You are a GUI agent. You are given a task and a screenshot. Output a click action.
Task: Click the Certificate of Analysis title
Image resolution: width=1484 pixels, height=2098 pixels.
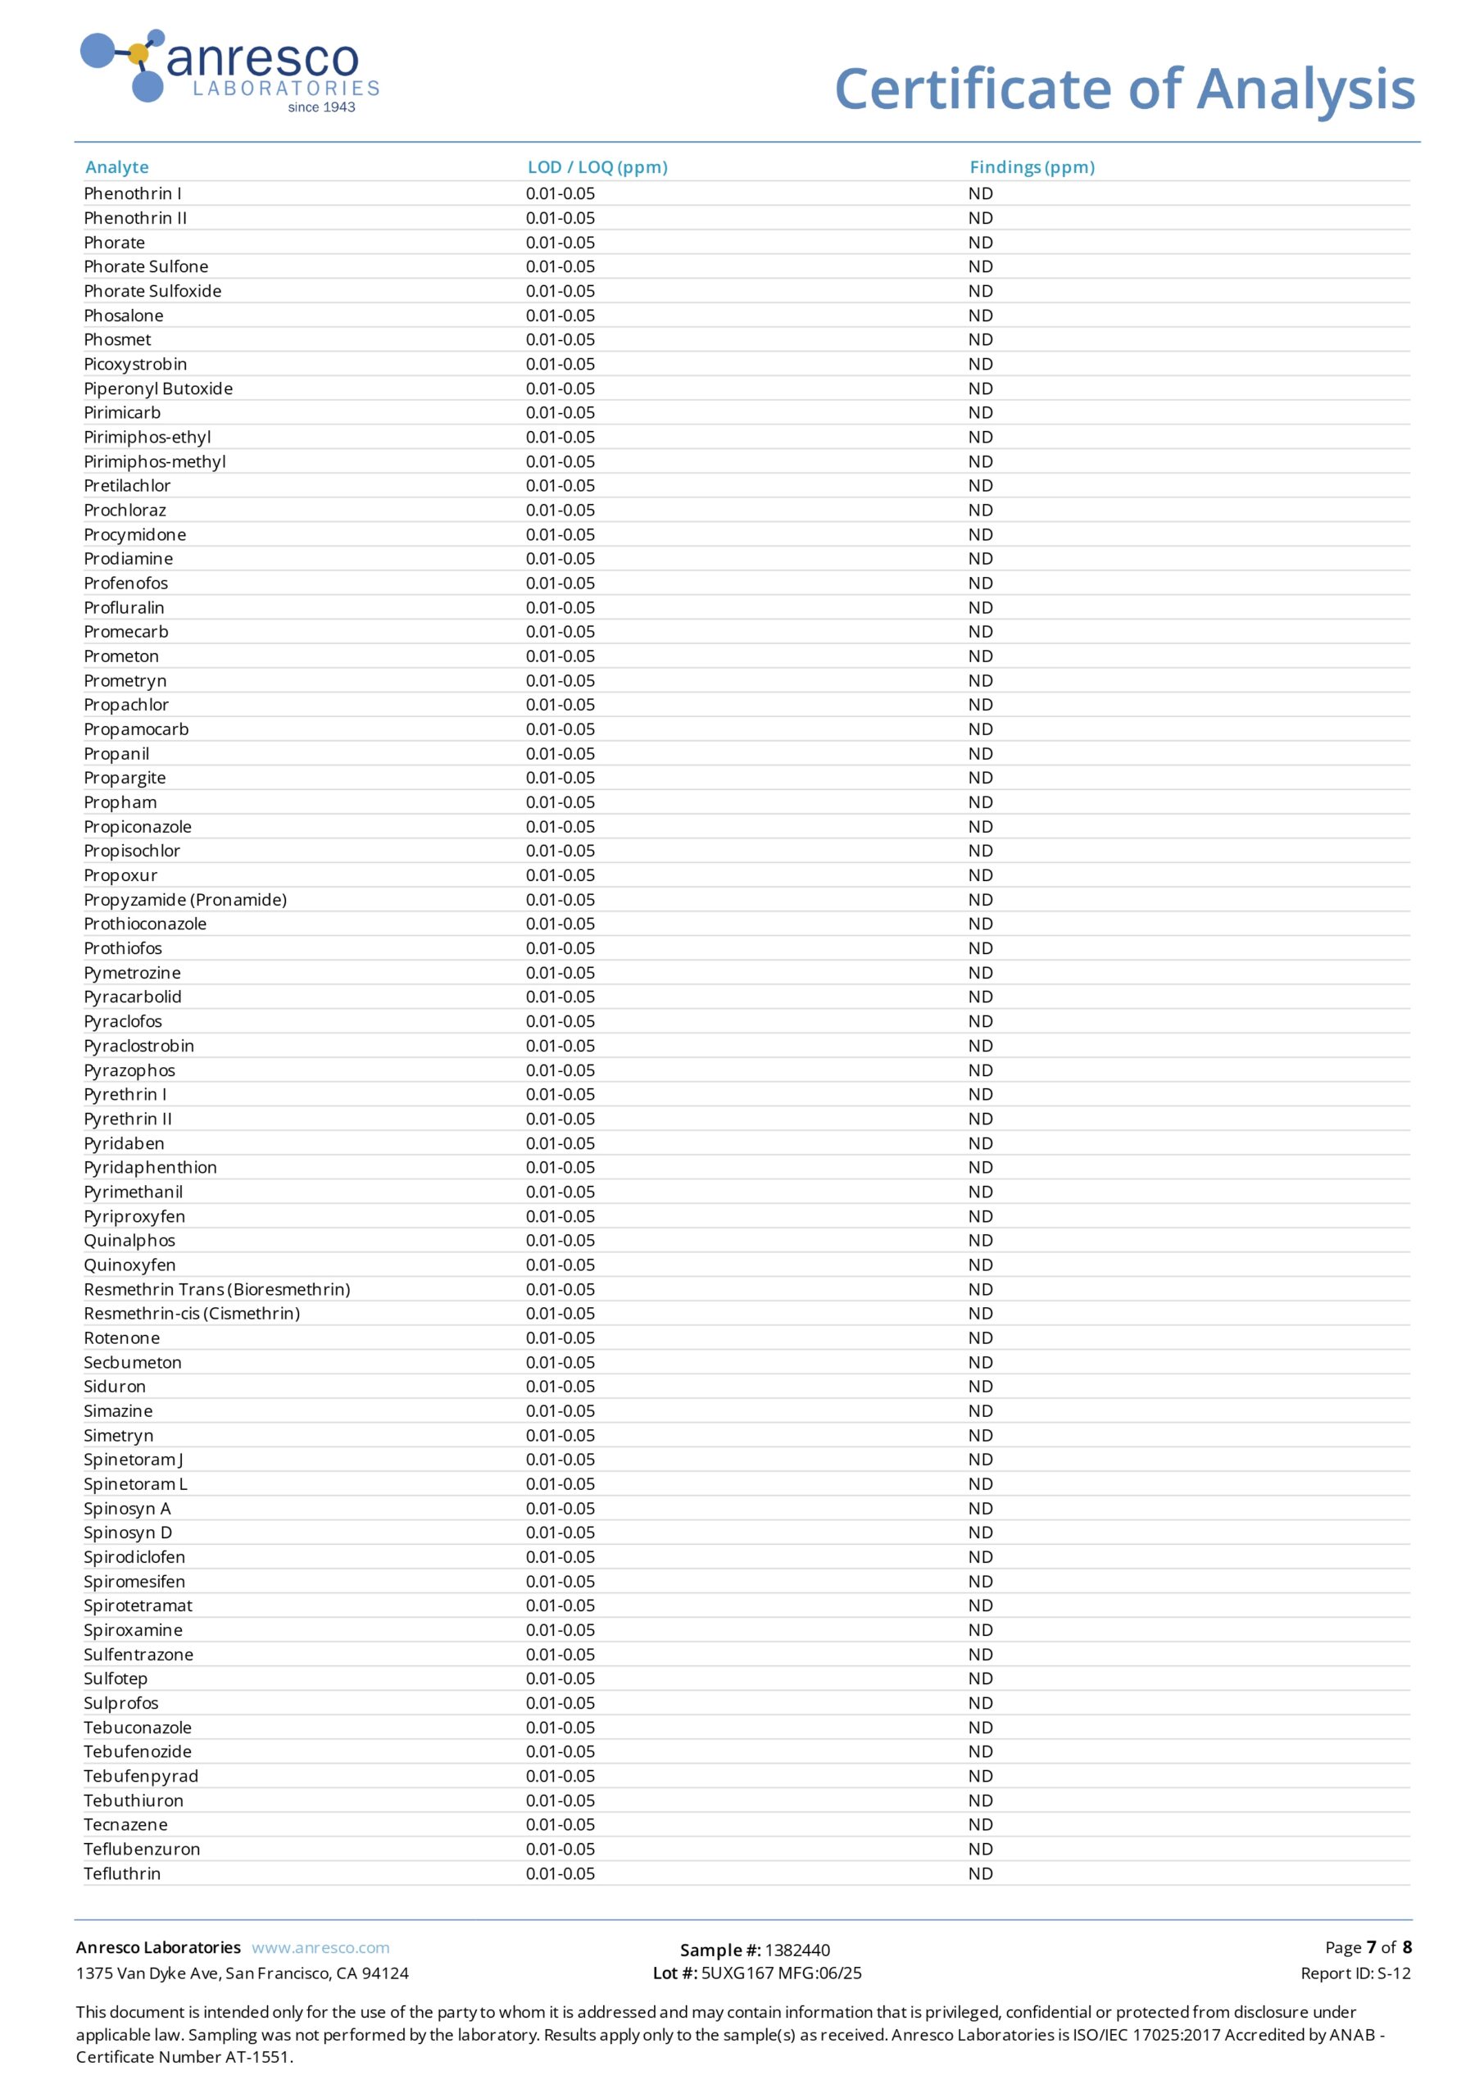(1124, 89)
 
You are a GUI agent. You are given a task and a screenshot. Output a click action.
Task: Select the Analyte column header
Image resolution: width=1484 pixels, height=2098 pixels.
(117, 167)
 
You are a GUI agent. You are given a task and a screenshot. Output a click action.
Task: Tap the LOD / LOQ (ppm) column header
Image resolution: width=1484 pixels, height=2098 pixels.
(597, 167)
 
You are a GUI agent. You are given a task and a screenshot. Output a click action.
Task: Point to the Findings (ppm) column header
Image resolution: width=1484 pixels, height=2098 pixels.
(1032, 167)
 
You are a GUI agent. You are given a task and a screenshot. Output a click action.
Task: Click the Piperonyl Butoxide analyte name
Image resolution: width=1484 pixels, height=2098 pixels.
(158, 388)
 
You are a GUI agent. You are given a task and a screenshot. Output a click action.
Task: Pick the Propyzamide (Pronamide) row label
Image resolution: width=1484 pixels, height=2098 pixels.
(184, 900)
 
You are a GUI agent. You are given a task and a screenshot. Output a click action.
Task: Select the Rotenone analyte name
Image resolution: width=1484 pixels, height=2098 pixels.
(121, 1337)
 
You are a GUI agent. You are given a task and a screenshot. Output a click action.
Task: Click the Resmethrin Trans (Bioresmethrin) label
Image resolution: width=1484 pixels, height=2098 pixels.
(216, 1289)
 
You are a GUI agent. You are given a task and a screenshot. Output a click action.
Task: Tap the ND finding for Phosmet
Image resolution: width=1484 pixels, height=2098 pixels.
(981, 340)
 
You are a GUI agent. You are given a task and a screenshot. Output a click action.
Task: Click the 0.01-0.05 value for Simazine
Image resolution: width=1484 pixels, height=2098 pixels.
(560, 1411)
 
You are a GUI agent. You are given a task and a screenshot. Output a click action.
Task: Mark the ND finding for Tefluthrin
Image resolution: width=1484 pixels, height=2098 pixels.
(981, 1873)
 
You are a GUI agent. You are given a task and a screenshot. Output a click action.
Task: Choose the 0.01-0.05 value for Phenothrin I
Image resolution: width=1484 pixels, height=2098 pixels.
(560, 193)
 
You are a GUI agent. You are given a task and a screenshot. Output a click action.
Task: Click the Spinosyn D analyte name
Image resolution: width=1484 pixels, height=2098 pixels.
(128, 1533)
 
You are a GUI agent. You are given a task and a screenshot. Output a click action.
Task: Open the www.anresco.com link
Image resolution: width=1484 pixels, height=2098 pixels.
(320, 1947)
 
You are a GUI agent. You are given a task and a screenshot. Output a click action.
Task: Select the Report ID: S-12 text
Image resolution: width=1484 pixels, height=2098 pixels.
(1355, 1973)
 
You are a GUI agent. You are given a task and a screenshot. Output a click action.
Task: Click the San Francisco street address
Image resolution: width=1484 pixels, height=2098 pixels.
(243, 1973)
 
